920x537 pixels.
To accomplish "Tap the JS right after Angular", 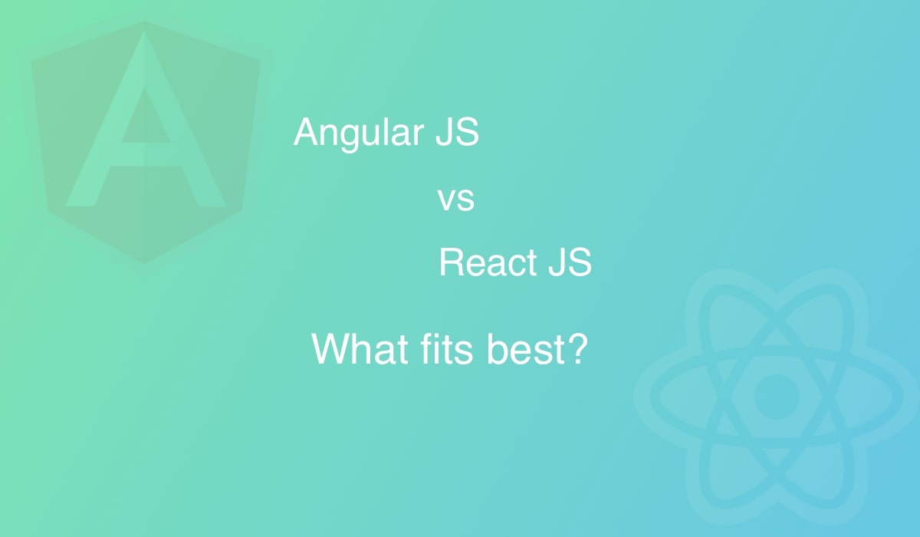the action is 457,131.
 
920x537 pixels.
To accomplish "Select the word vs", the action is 456,199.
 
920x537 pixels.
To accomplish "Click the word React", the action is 488,262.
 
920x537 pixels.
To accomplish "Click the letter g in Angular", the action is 350,137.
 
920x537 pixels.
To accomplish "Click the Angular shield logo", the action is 146,142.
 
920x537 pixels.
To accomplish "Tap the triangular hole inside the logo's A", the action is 145,118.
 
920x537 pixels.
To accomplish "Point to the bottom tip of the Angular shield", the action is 144,263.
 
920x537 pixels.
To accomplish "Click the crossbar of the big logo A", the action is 146,154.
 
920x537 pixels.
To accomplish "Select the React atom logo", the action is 776,397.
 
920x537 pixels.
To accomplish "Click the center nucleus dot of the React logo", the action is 776,397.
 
